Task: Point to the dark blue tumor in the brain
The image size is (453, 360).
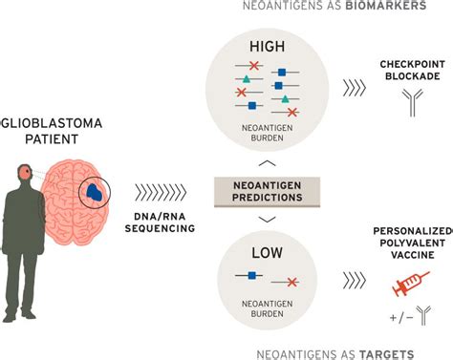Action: [96, 192]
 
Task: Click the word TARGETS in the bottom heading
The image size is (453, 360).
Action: [387, 353]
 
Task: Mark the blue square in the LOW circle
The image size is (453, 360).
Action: [251, 275]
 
